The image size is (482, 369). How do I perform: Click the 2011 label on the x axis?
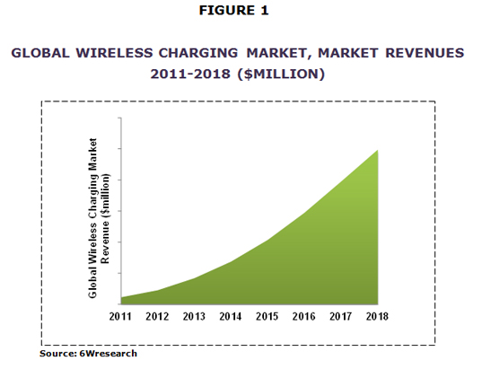(x=120, y=316)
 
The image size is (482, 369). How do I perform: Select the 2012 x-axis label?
(x=157, y=316)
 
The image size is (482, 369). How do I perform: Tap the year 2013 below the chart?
(x=194, y=316)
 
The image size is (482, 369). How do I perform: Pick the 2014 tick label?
(x=231, y=316)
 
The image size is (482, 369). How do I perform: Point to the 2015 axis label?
(x=267, y=316)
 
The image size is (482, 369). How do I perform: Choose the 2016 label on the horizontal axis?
(x=303, y=316)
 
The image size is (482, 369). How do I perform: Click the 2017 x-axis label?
(x=340, y=316)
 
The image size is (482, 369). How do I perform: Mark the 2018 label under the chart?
(x=377, y=316)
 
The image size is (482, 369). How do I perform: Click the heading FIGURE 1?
(x=234, y=11)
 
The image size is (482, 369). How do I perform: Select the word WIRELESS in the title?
(x=114, y=53)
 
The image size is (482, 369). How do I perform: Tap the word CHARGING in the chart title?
(x=198, y=53)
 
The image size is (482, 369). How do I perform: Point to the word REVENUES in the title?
(x=425, y=53)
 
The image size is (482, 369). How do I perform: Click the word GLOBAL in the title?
(x=40, y=53)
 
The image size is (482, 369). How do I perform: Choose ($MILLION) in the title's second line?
(x=281, y=75)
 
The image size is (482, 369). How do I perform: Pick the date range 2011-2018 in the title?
(x=190, y=75)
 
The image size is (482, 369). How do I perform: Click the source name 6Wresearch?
(x=108, y=354)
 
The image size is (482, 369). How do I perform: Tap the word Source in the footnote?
(x=57, y=354)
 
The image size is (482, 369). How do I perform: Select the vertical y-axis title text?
(x=98, y=218)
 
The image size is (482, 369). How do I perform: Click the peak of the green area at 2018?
(x=378, y=150)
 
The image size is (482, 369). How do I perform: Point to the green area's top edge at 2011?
(x=121, y=297)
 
